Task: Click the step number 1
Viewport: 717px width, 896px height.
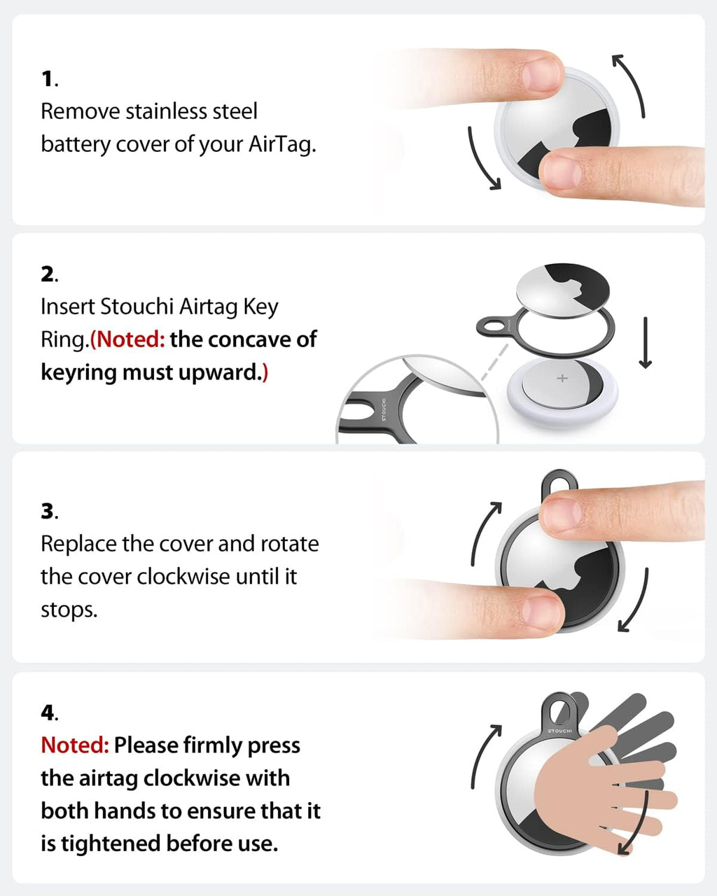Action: [48, 79]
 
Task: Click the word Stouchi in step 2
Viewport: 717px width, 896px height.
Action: [137, 307]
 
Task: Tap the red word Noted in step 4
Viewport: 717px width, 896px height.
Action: [74, 745]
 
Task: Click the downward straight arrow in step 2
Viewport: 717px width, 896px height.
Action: [646, 342]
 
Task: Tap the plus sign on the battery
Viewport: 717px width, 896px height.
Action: [562, 379]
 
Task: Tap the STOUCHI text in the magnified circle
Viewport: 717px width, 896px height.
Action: [383, 409]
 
